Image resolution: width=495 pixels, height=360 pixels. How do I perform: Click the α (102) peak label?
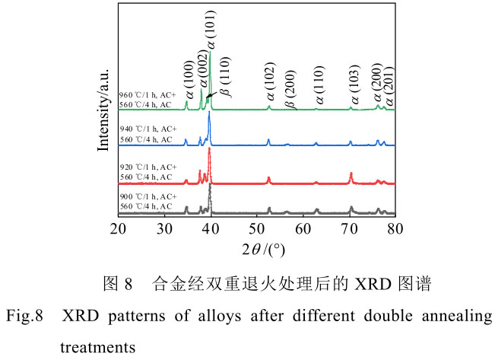pyautogui.click(x=271, y=86)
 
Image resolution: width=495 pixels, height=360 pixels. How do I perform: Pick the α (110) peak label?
pyautogui.click(x=319, y=87)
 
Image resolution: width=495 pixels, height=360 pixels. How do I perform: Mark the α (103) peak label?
pyautogui.click(x=354, y=86)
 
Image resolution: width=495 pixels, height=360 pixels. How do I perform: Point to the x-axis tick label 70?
pyautogui.click(x=349, y=228)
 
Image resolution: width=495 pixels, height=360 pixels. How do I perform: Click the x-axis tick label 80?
pyautogui.click(x=395, y=228)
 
